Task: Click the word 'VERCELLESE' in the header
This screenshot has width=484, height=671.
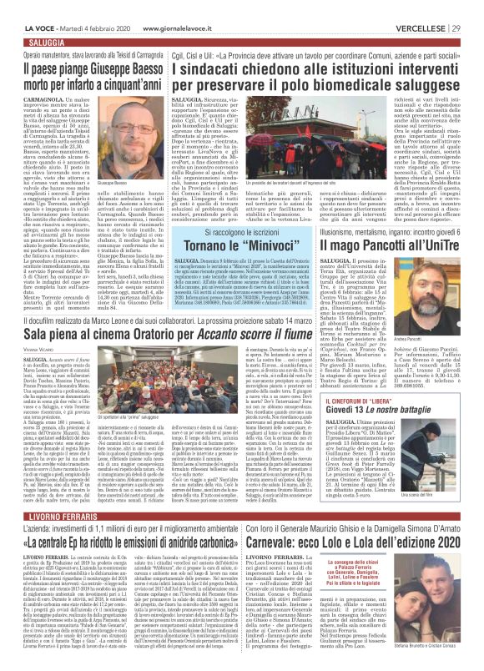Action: tap(422, 7)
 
